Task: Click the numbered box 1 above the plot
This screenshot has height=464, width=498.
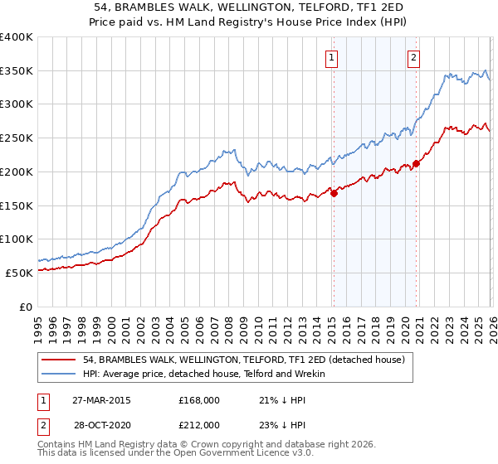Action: pyautogui.click(x=332, y=57)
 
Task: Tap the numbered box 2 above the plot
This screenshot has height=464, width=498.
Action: pyautogui.click(x=413, y=57)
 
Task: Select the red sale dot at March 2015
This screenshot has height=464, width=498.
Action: pyautogui.click(x=334, y=194)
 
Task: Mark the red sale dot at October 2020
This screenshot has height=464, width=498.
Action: pyautogui.click(x=416, y=163)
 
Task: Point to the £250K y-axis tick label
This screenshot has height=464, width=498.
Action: pyautogui.click(x=17, y=138)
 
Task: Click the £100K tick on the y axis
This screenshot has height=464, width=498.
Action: pyautogui.click(x=17, y=239)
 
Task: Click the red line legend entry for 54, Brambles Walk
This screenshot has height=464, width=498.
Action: pyautogui.click(x=243, y=360)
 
